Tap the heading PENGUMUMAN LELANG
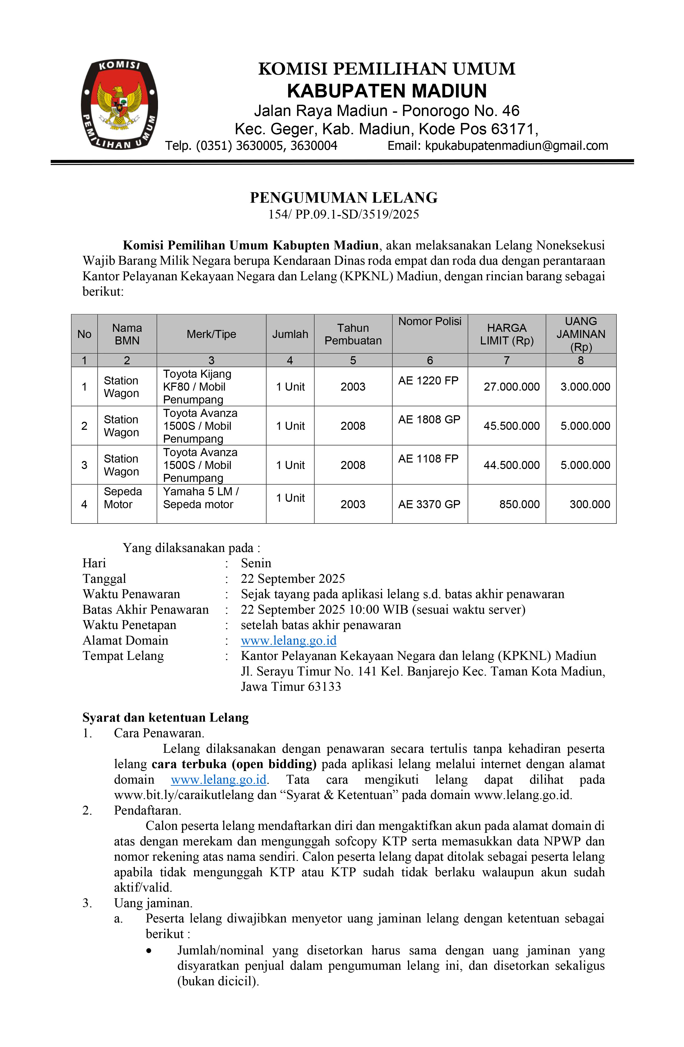pos(344,198)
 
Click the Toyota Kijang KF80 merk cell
pos(197,386)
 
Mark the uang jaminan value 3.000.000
pos(585,387)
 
